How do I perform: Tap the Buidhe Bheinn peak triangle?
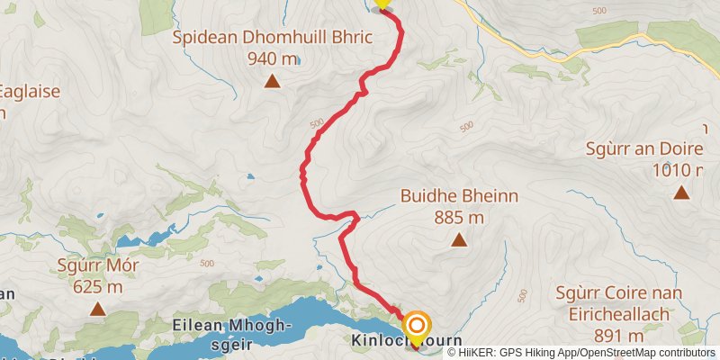(x=459, y=239)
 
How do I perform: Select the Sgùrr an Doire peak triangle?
(x=682, y=192)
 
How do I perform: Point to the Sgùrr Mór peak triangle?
(x=97, y=310)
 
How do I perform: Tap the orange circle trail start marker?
(x=417, y=325)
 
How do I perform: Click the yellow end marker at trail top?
(x=382, y=4)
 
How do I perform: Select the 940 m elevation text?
(x=271, y=59)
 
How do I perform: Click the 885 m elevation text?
(x=459, y=217)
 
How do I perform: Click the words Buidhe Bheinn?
(x=459, y=196)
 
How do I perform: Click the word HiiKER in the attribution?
(x=478, y=353)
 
